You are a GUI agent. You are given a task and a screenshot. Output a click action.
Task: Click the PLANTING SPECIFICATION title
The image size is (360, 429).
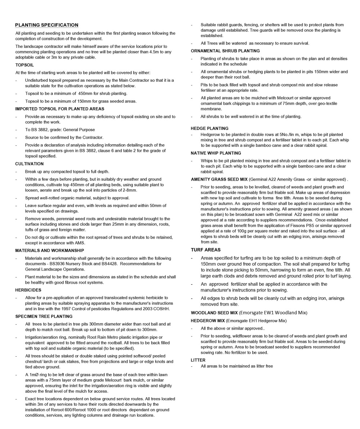point(46,25)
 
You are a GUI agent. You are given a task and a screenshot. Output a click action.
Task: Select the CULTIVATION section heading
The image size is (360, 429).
point(29,164)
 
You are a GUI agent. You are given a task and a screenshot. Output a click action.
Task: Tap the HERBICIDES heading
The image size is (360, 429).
point(28,290)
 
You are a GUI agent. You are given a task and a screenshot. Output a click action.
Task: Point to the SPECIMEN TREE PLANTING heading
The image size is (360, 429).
point(44,316)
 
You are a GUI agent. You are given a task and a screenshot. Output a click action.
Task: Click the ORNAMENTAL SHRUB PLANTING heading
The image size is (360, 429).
point(225,51)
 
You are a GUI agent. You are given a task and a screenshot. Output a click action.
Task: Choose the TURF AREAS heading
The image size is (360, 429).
point(206,250)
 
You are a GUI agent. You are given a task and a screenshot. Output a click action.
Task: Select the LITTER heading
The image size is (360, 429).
point(198,360)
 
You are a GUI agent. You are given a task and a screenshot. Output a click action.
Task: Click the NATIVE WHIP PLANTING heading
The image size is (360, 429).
point(216,153)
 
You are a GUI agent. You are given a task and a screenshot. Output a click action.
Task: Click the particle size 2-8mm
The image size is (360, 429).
point(129,190)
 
